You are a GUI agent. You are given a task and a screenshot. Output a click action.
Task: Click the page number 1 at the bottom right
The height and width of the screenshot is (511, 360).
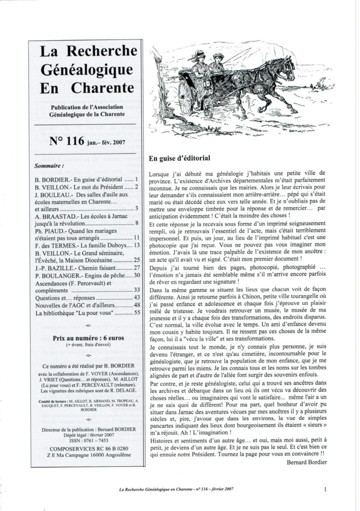click(325, 490)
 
